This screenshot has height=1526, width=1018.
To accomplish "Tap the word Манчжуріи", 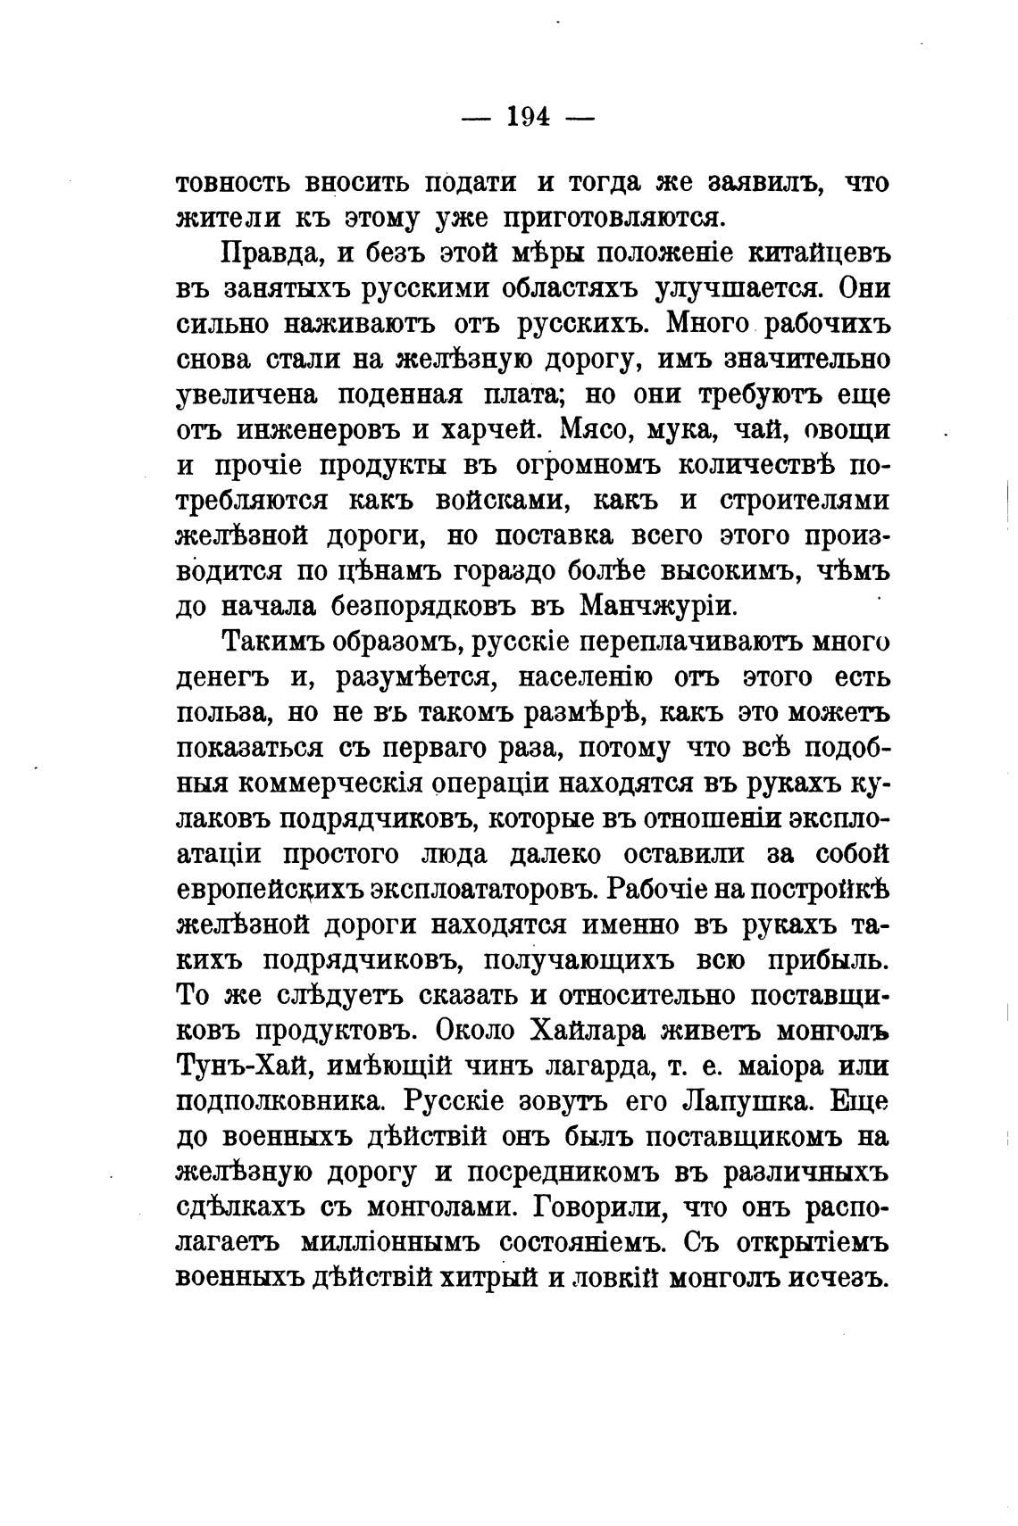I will pyautogui.click(x=658, y=606).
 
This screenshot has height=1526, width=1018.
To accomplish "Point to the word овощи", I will pyautogui.click(x=847, y=429).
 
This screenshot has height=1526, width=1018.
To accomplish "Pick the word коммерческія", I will pyautogui.click(x=331, y=784).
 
